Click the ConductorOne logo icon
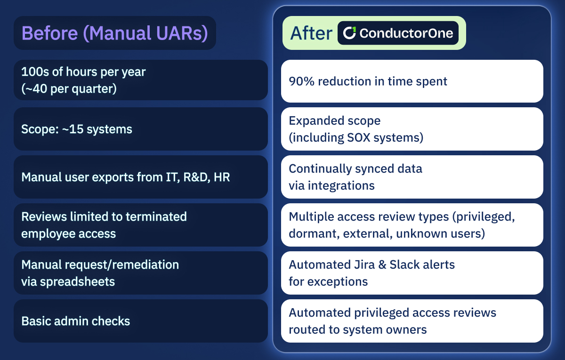click(x=349, y=33)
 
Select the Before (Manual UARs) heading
click(x=115, y=33)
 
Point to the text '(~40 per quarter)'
click(x=69, y=88)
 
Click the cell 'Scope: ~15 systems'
click(x=77, y=129)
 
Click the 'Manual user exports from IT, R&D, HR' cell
click(x=126, y=177)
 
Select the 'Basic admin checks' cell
click(x=75, y=321)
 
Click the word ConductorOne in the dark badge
click(x=406, y=33)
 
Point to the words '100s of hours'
click(x=57, y=72)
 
